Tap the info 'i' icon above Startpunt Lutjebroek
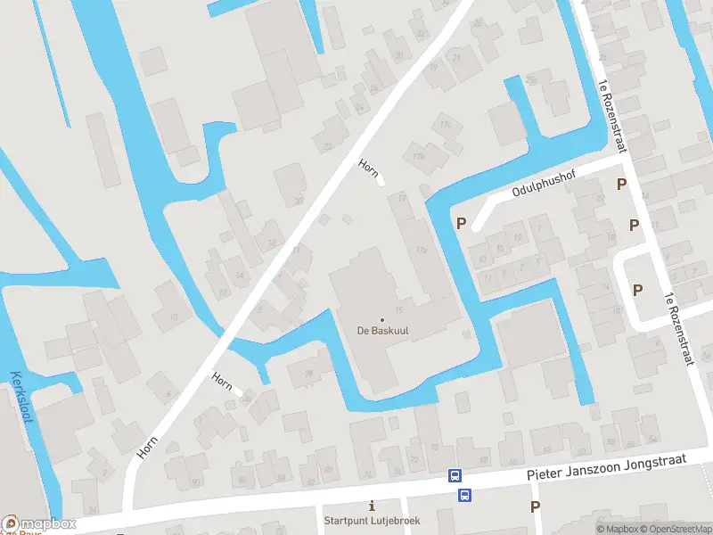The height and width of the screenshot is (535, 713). click(x=372, y=506)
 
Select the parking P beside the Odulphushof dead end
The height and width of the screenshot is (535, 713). click(x=462, y=223)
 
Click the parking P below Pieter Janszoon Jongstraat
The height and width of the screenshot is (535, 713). click(x=535, y=506)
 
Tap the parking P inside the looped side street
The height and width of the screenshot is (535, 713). click(x=637, y=289)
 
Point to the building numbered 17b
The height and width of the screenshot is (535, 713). click(x=418, y=157)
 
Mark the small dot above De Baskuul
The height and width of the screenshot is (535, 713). click(x=382, y=320)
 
